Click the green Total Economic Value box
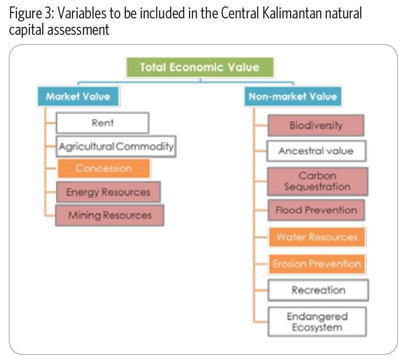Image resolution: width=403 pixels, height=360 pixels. (x=200, y=67)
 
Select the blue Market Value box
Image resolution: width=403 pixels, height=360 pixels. (x=78, y=96)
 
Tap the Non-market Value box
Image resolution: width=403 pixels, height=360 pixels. (x=293, y=96)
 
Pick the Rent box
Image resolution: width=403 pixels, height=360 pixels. (x=102, y=123)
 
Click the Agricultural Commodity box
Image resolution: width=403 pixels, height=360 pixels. (x=116, y=146)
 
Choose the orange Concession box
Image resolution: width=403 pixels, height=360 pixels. (x=104, y=168)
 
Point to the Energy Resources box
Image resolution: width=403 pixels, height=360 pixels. (x=108, y=192)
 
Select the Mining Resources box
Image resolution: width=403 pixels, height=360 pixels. (x=110, y=215)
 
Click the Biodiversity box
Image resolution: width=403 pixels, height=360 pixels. (x=316, y=125)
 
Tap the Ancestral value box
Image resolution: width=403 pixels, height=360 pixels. (x=316, y=151)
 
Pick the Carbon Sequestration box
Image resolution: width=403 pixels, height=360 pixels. (x=317, y=181)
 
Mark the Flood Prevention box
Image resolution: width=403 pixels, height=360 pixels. (x=316, y=210)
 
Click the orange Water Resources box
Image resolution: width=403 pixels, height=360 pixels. (x=317, y=237)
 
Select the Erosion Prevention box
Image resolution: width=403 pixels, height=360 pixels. (x=317, y=264)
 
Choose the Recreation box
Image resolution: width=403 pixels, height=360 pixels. (x=318, y=290)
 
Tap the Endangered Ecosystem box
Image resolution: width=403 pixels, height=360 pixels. (x=317, y=322)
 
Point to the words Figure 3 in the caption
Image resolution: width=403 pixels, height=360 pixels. (x=30, y=13)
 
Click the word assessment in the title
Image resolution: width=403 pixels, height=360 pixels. (x=78, y=30)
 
